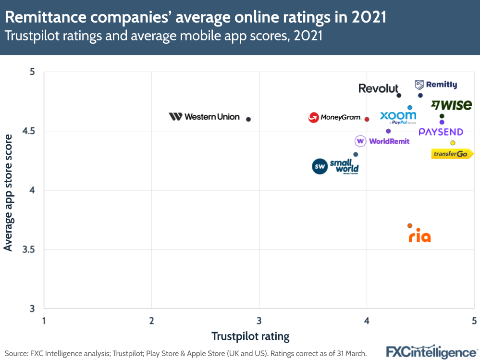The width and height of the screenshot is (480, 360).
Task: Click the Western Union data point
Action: (x=248, y=119)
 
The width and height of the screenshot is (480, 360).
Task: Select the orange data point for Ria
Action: (x=410, y=225)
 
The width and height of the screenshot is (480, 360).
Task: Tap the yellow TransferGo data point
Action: (x=453, y=143)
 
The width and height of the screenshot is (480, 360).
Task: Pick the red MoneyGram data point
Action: (x=367, y=119)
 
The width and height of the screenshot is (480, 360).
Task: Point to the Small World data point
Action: (x=356, y=154)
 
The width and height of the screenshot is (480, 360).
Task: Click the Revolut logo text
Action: (x=379, y=88)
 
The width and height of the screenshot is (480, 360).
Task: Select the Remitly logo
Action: (x=436, y=85)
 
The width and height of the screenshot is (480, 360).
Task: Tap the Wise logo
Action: (x=451, y=105)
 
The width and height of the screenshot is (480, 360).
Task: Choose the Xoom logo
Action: (x=398, y=116)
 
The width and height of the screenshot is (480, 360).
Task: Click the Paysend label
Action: (x=441, y=132)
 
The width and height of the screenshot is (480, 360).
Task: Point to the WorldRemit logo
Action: (x=382, y=141)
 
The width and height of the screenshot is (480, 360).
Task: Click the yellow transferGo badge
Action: (x=452, y=154)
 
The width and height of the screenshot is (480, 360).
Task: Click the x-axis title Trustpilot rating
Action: (x=250, y=336)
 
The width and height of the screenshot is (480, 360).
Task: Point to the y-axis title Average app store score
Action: (x=8, y=192)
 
